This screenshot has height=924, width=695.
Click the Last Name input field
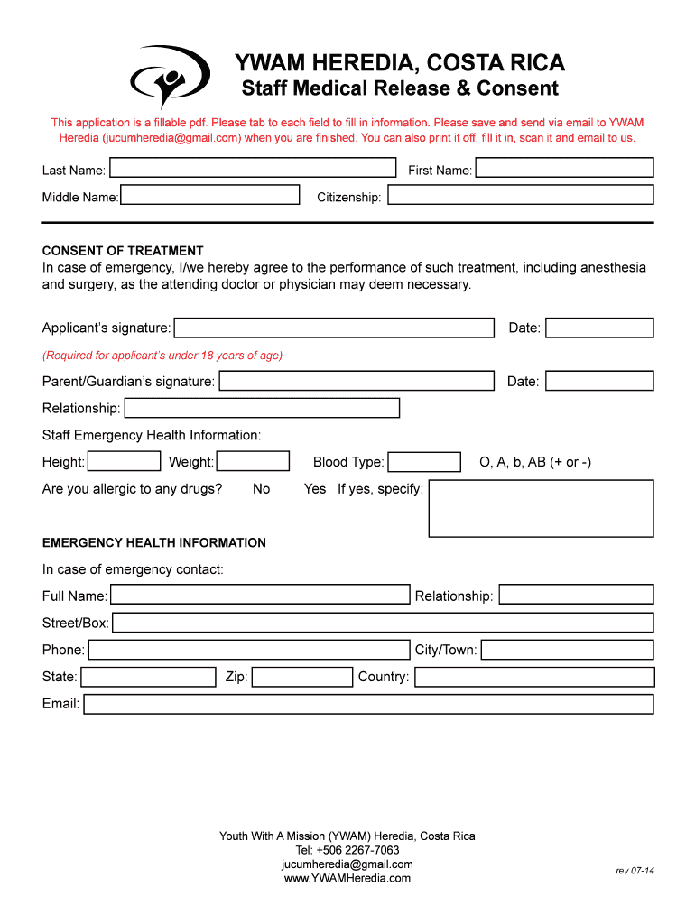(x=253, y=168)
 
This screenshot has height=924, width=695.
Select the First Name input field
(x=564, y=168)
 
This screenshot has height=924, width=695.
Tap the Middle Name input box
(x=209, y=195)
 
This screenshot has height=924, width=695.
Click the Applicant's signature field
(x=334, y=328)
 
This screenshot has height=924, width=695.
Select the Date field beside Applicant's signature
(x=599, y=328)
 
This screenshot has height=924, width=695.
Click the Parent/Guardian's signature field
(x=357, y=381)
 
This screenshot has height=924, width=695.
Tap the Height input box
(x=124, y=462)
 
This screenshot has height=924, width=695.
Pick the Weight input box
(x=253, y=462)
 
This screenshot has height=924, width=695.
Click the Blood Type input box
(x=424, y=462)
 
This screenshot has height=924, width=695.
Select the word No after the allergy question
(x=261, y=489)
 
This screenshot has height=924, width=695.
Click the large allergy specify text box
(x=541, y=508)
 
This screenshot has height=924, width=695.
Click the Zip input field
(x=301, y=677)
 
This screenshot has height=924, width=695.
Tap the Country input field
(x=533, y=677)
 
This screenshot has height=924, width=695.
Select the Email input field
(x=368, y=704)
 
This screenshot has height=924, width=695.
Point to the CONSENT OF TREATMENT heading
(x=123, y=251)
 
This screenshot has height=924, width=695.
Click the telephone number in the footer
(x=347, y=850)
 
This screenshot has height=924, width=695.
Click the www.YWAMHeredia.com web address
(x=347, y=878)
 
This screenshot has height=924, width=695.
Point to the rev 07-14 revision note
(x=635, y=871)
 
